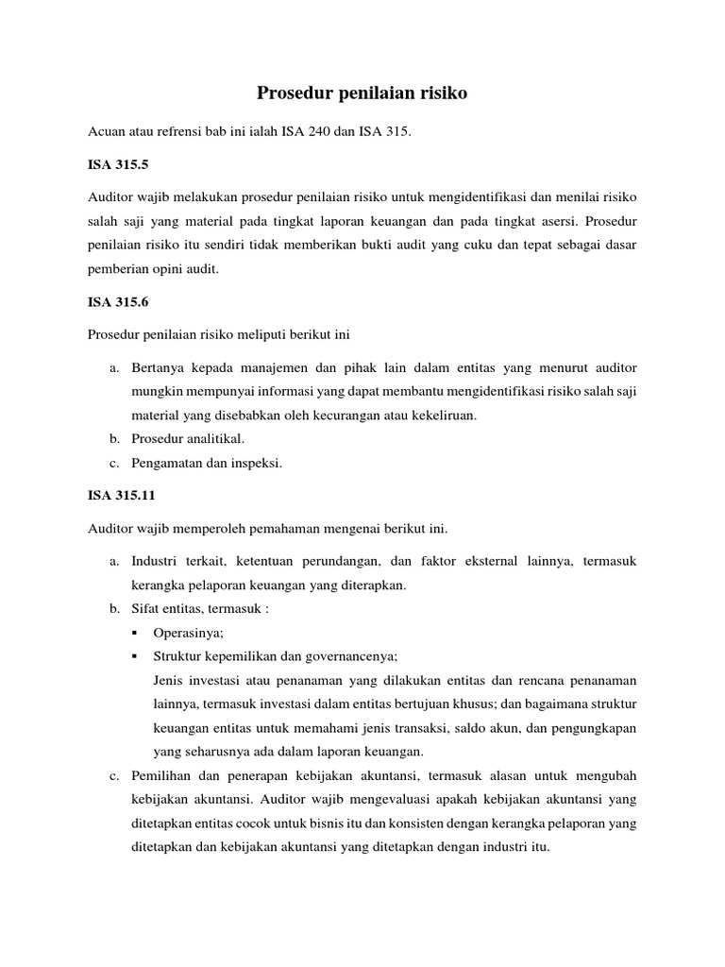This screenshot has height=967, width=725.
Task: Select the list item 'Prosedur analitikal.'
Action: (189, 438)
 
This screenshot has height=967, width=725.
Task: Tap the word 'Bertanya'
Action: (159, 365)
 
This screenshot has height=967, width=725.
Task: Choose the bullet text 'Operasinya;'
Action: (187, 635)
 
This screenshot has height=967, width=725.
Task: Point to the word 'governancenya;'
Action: (351, 656)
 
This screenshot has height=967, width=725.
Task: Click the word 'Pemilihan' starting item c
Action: (161, 776)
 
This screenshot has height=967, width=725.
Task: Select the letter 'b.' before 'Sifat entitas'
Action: (114, 609)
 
